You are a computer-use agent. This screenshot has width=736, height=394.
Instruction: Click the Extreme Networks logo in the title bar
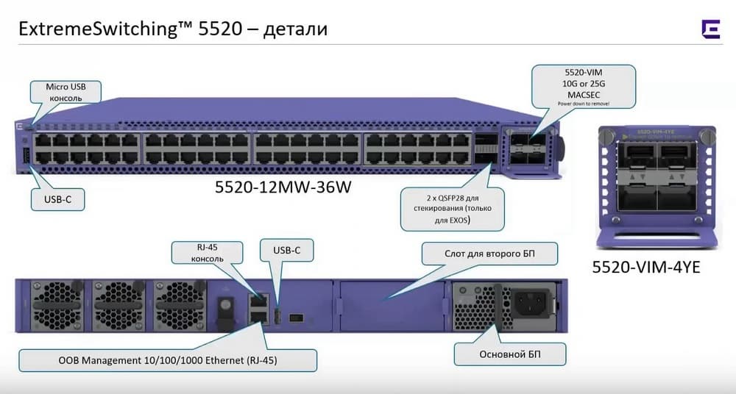[x=710, y=29]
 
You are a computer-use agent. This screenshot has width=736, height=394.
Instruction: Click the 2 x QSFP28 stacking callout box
[x=453, y=207]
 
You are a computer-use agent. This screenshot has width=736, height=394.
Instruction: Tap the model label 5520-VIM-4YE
[x=645, y=268]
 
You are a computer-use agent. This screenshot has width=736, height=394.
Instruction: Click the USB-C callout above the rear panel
[x=287, y=251]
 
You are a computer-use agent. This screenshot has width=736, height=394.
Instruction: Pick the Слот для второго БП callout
[x=489, y=254]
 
